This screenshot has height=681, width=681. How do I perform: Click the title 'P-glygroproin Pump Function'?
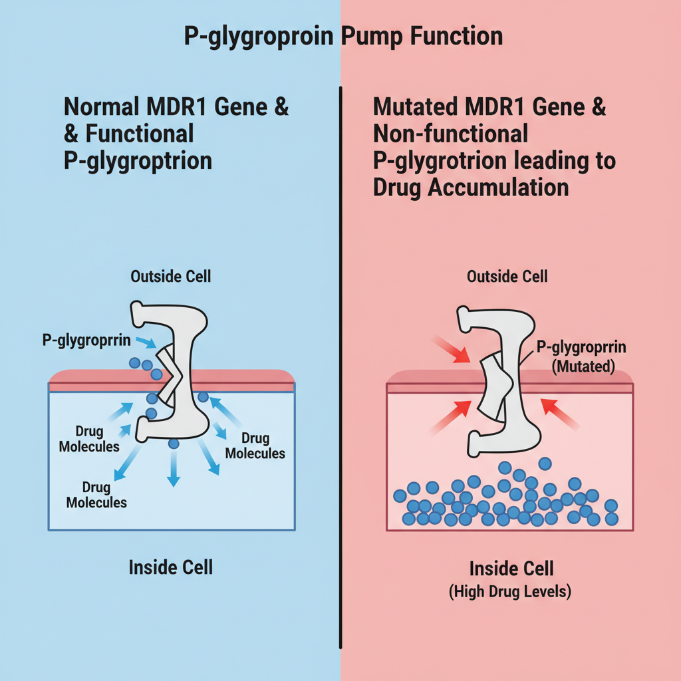tap(342, 36)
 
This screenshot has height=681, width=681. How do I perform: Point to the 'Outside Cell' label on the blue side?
tap(171, 275)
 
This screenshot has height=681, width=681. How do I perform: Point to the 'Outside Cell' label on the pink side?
tap(507, 275)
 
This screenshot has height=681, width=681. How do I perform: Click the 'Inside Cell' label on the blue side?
tap(171, 567)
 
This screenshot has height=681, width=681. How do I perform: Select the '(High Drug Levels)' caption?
tap(510, 591)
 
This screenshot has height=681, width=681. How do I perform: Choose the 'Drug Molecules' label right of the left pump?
tap(255, 446)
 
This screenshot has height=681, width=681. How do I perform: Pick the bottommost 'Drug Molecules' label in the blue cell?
tap(96, 494)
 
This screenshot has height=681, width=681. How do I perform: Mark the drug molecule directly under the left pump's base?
tap(174, 444)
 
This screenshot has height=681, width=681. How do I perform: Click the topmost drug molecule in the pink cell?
tap(545, 463)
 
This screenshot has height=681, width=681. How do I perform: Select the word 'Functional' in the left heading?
tap(139, 133)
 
